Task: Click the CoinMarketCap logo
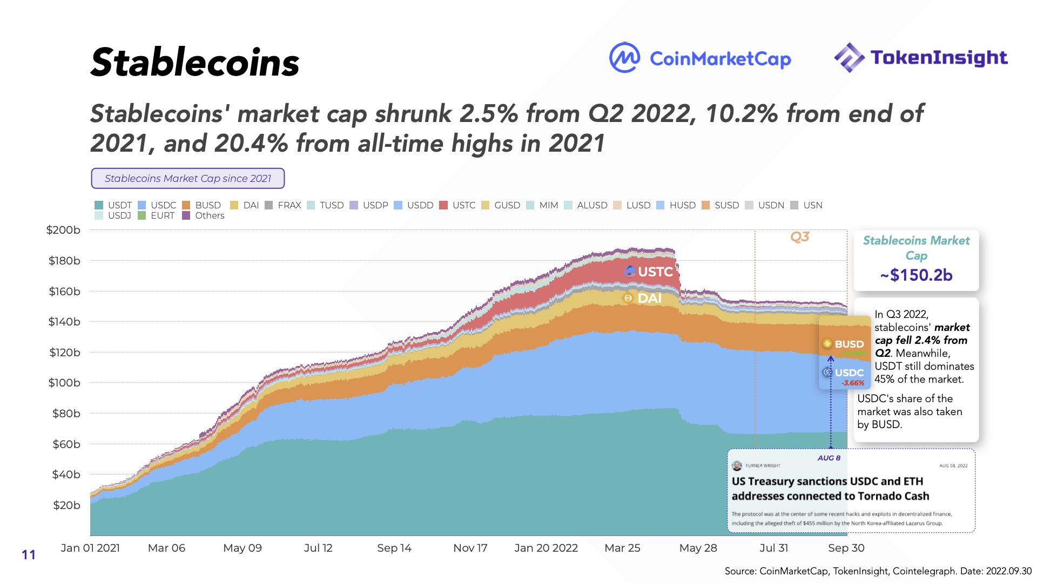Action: click(700, 58)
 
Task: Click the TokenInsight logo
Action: click(921, 57)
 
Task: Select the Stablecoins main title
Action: click(194, 63)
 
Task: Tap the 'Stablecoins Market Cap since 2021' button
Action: click(187, 179)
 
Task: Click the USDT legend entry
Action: click(113, 205)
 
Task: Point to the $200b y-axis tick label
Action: click(63, 230)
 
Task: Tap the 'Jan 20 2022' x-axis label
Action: click(546, 548)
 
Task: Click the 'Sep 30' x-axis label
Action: click(846, 548)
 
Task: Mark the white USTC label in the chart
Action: click(655, 272)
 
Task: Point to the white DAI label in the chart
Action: click(649, 298)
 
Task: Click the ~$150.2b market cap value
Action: click(916, 275)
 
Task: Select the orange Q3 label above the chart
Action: click(800, 237)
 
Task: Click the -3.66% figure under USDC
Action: click(853, 383)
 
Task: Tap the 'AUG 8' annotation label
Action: click(829, 458)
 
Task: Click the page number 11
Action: click(29, 555)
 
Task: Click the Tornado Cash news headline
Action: click(830, 489)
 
